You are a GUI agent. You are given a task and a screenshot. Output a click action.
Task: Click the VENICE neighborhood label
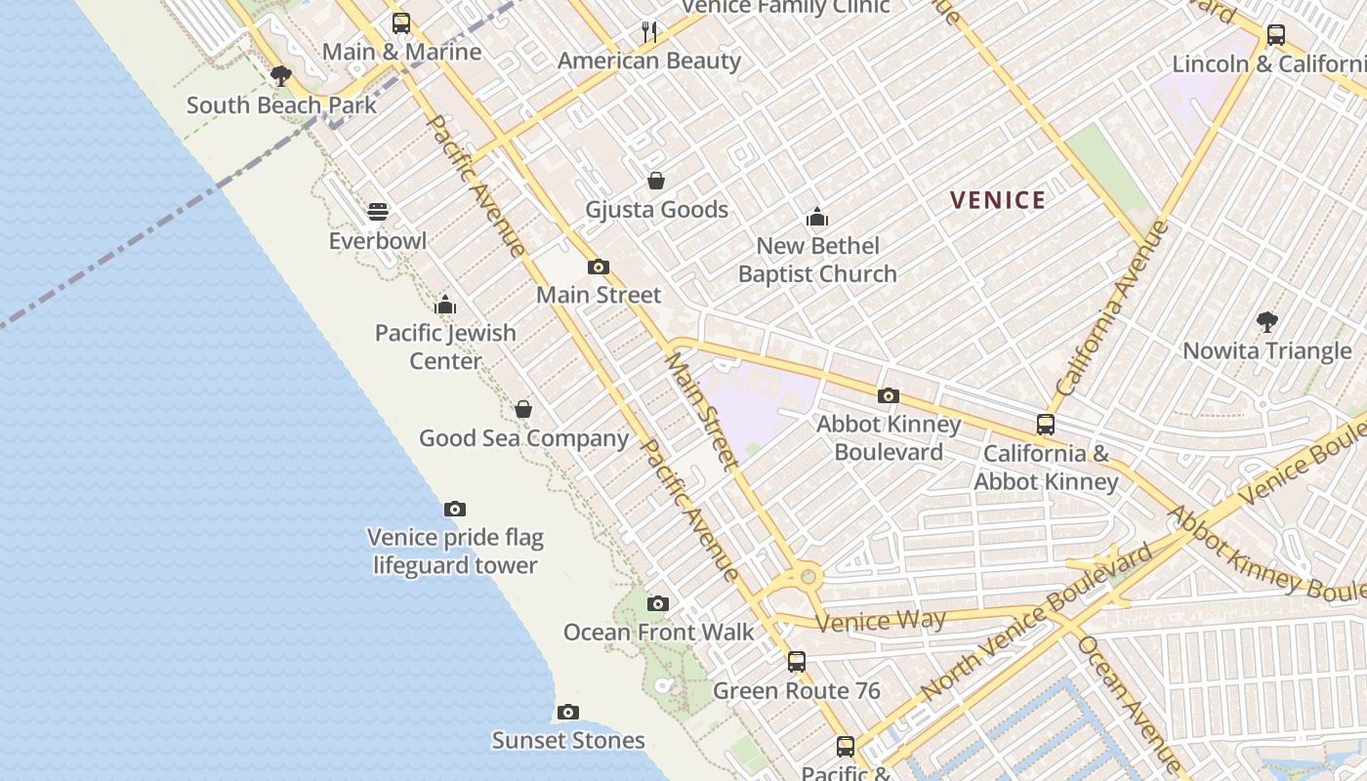997,200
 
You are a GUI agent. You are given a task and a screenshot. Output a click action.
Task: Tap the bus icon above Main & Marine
400,23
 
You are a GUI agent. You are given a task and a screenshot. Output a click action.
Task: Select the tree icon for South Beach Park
281,76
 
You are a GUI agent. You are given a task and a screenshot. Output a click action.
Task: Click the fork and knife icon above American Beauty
649,32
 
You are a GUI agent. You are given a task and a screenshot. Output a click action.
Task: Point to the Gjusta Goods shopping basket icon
656,181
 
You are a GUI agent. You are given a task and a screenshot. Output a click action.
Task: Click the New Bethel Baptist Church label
817,260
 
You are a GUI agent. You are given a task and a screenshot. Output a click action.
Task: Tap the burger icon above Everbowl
378,212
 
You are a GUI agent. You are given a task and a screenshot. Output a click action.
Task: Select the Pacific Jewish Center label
445,347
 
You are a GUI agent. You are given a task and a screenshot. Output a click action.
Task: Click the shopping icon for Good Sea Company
523,409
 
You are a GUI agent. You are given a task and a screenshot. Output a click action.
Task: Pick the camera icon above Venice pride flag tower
454,509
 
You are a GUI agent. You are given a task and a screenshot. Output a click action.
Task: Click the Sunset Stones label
567,740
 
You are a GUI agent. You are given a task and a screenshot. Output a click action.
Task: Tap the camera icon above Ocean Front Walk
658,603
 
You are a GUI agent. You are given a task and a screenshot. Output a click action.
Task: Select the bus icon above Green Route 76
797,662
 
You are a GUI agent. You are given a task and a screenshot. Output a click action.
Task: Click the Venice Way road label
880,621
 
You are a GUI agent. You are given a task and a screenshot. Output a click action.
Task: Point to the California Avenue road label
1112,308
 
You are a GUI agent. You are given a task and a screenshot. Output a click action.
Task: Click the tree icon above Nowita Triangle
1266,321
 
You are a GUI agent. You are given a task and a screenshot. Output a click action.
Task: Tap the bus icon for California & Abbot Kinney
1046,425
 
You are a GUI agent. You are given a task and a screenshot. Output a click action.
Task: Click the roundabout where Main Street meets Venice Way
808,577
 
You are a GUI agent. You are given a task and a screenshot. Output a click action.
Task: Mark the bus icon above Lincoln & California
1275,35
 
